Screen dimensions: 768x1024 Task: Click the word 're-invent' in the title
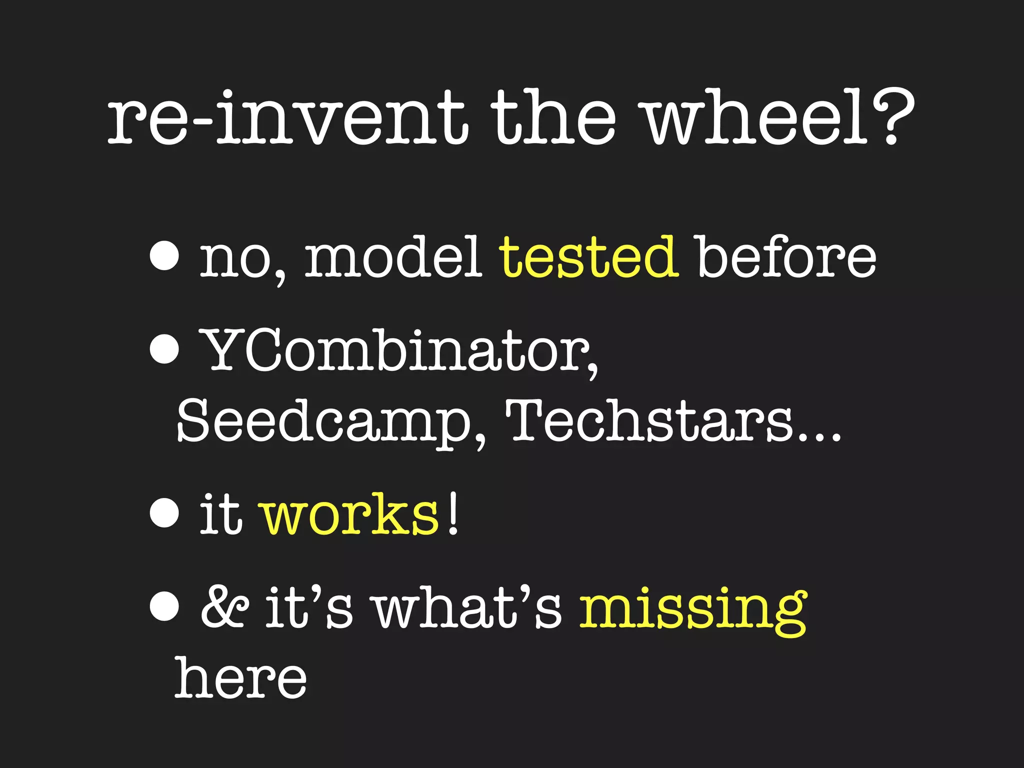pyautogui.click(x=287, y=120)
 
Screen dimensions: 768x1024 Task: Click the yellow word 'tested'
pyautogui.click(x=589, y=257)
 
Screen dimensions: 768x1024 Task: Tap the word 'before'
pyautogui.click(x=786, y=257)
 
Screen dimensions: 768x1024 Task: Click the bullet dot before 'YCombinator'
pyautogui.click(x=164, y=349)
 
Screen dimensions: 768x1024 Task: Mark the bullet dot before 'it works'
pyautogui.click(x=164, y=513)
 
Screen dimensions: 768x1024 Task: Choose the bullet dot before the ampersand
pyautogui.click(x=164, y=606)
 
